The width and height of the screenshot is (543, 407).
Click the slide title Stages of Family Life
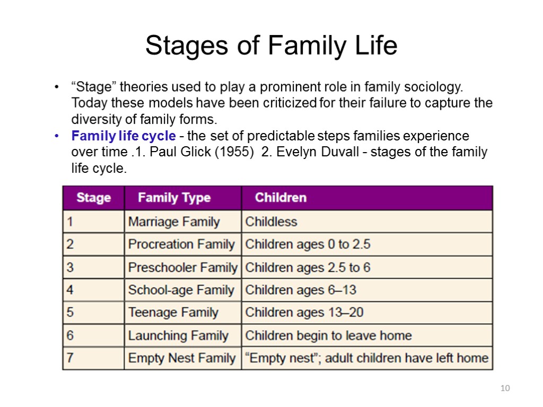pos(271,46)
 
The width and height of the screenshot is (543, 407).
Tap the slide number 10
pos(505,389)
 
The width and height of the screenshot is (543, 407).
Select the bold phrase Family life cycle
pos(123,136)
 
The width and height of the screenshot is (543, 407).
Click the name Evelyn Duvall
pos(317,153)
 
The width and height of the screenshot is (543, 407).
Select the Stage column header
pos(93,198)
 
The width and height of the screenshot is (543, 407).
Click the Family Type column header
pos(174,198)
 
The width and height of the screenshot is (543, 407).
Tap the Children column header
pos(281,198)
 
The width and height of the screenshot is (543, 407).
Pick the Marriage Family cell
pos(173,222)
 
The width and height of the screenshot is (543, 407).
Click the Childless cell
pos(271,222)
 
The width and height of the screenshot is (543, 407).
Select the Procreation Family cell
pos(181,245)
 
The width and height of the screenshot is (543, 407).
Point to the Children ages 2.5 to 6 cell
pos(308,268)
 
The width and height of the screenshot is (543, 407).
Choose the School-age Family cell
pos(181,290)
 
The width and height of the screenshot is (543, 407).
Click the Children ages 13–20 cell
pos(304,313)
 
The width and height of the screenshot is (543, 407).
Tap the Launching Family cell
pos(178,335)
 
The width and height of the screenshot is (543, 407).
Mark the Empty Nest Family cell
pos(181,358)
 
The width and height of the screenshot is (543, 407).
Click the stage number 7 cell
pos(71,358)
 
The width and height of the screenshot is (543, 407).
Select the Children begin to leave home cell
pos(328,335)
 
